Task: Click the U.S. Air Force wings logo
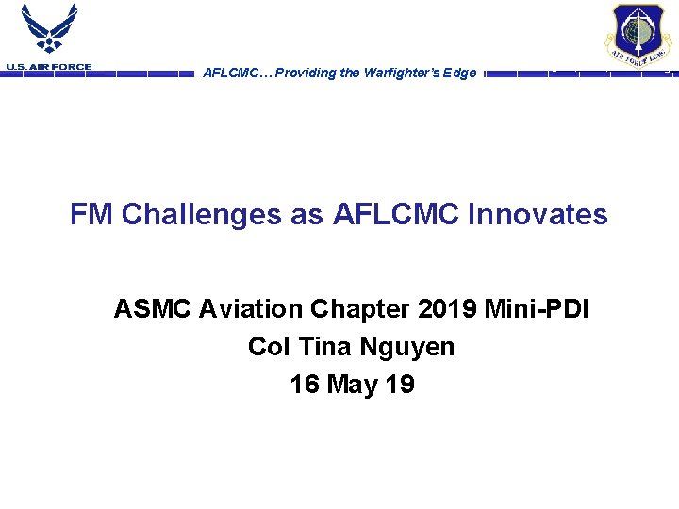coord(49,30)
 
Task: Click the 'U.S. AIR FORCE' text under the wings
coord(49,67)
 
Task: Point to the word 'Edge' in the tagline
coord(459,74)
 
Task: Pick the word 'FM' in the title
coord(91,215)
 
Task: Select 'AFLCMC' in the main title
coord(397,215)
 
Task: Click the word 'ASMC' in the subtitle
coord(152,309)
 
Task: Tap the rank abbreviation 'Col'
coord(269,347)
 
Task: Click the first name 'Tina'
coord(325,347)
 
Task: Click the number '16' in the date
coord(305,385)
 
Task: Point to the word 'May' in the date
coord(352,385)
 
